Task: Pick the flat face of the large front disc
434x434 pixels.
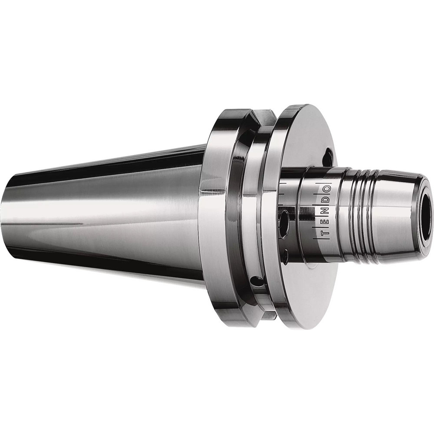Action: (x=304, y=130)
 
